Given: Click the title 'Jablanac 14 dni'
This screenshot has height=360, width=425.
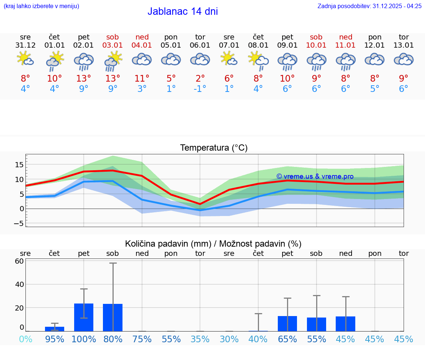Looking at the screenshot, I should [x=183, y=11].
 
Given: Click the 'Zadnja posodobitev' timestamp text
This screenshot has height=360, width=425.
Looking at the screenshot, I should [x=369, y=6].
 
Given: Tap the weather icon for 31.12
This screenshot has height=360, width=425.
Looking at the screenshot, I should [x=25, y=59].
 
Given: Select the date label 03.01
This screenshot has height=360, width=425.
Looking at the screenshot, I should [x=113, y=45].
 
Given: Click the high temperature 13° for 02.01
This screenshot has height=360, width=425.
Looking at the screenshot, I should [x=84, y=78].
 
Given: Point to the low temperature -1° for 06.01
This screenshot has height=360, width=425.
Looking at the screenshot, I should [x=200, y=89].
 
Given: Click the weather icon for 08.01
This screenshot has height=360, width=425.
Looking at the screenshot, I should [x=258, y=60].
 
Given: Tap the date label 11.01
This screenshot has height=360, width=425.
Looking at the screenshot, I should [x=345, y=45].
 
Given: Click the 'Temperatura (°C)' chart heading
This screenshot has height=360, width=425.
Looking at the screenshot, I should [x=214, y=148].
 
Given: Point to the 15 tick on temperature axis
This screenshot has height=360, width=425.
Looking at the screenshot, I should [x=20, y=165].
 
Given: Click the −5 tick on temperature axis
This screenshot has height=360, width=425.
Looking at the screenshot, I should [x=19, y=223].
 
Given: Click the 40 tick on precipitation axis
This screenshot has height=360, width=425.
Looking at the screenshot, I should [x=20, y=284].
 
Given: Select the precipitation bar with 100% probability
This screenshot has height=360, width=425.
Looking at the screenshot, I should [x=84, y=317].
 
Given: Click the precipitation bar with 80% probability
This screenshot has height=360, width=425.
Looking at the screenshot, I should [x=113, y=318].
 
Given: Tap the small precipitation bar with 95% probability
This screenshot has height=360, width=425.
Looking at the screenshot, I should [x=55, y=329].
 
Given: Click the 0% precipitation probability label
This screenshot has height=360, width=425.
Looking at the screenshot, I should [x=25, y=339].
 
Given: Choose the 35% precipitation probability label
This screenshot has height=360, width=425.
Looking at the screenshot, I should [x=200, y=339].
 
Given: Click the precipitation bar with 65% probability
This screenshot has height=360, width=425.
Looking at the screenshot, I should [x=287, y=323].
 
